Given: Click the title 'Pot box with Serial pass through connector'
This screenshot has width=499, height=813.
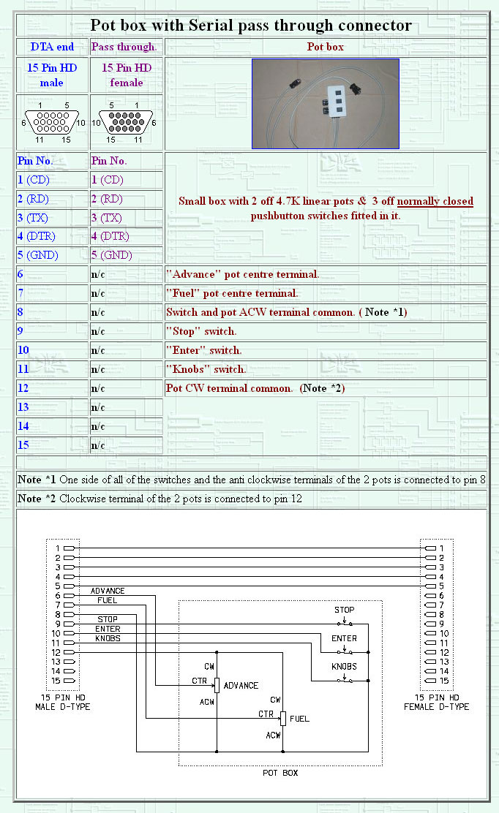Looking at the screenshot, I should (x=251, y=26).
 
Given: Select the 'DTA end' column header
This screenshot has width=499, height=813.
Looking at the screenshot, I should (x=52, y=47).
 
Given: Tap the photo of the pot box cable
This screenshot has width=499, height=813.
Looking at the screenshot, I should (x=326, y=104).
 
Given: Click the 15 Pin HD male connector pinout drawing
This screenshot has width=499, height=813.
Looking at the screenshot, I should (x=52, y=122).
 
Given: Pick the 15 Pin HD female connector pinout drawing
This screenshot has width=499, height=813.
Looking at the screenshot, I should (x=127, y=122).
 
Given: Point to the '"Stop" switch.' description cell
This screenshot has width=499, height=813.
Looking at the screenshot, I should (x=201, y=331).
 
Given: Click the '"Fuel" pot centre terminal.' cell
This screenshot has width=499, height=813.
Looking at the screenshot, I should (x=232, y=293).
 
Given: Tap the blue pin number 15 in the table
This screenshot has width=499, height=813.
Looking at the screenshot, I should (x=23, y=445).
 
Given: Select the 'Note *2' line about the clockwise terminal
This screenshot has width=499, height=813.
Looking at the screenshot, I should (x=159, y=499).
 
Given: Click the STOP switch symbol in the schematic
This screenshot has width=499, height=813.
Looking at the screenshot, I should (x=345, y=624).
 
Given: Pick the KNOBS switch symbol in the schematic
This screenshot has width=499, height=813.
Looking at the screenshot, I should (x=345, y=680).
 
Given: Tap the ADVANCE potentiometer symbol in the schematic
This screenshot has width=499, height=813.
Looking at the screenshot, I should (x=217, y=685).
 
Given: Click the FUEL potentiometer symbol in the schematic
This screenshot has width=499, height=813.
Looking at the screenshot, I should (x=282, y=718).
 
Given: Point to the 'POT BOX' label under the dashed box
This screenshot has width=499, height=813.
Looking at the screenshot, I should (x=280, y=772).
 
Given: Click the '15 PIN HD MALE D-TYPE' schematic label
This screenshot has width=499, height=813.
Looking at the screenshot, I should (x=63, y=702).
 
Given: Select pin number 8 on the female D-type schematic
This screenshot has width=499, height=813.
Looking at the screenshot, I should (x=440, y=615).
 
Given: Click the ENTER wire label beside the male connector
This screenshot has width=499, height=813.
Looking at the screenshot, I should (x=108, y=629).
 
